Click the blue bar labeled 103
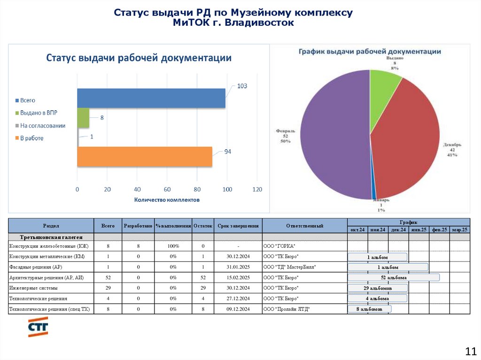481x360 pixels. (151, 98)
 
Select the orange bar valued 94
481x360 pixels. (145, 157)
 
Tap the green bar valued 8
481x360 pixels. (83, 118)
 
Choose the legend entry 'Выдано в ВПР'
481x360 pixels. (39, 113)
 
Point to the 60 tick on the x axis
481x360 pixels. (167, 190)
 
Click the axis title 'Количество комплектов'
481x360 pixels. (167, 199)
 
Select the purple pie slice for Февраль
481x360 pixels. (329, 136)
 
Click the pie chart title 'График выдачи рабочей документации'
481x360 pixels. (370, 51)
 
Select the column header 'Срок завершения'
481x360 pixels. (238, 226)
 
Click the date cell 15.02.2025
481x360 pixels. (238, 277)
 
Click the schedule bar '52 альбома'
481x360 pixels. (394, 277)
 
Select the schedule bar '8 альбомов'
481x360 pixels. (369, 309)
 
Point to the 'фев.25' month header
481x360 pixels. (439, 230)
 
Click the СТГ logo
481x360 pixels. (38, 327)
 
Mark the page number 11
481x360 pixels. (470, 351)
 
